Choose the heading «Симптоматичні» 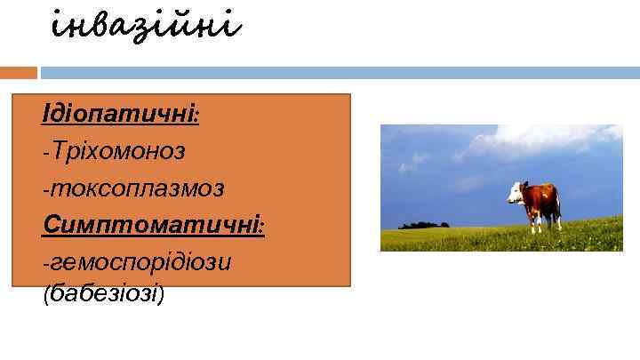point(151,225)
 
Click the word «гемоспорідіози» point(142,262)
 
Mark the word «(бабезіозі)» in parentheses point(103,294)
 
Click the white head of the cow point(515,190)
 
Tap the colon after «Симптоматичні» point(262,228)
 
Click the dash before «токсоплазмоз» point(46,189)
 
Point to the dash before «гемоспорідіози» point(46,264)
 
